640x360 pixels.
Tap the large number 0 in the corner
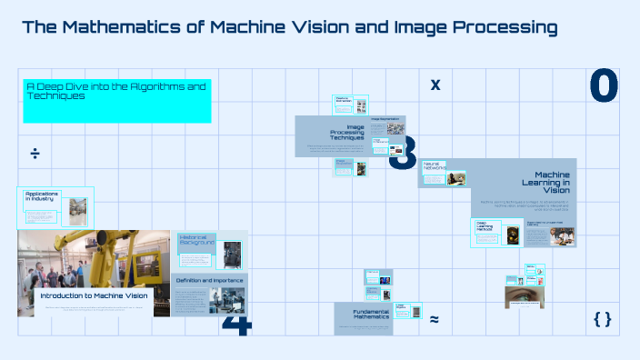603,86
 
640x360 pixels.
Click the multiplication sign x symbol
435,85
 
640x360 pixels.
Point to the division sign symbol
35,153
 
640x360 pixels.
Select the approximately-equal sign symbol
435,319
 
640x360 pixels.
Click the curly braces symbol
602,318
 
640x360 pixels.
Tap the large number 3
403,154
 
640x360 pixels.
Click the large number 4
235,322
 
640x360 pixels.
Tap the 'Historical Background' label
197,240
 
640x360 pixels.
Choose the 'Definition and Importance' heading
209,281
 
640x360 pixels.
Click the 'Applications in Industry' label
42,196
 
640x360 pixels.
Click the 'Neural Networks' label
434,166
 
